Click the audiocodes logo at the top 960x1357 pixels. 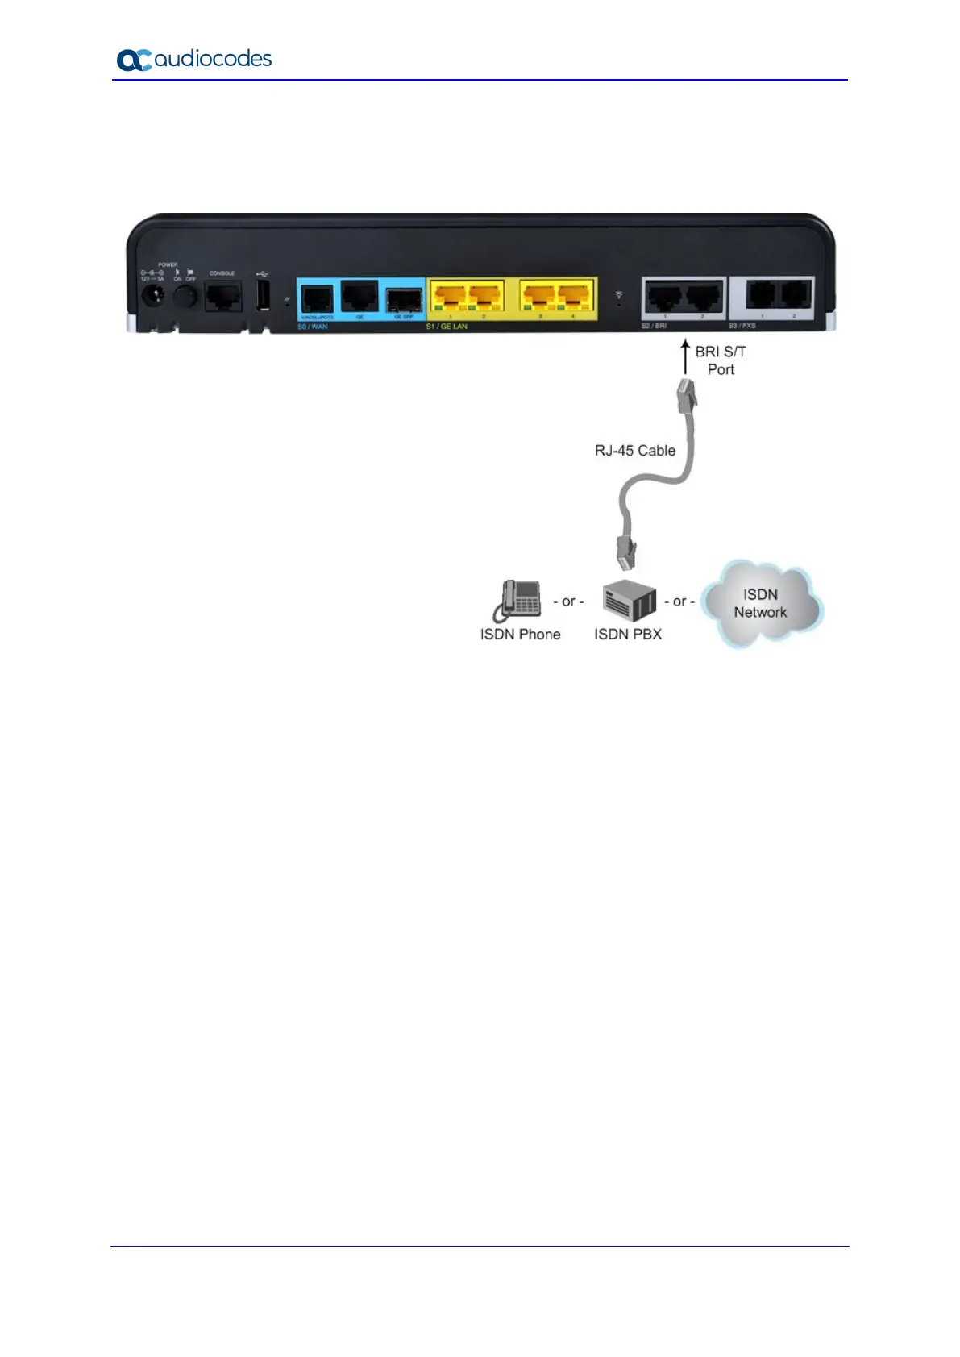coord(194,60)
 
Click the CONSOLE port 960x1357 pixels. coord(222,297)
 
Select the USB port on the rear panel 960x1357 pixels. coord(263,296)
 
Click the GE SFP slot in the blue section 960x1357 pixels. coord(403,298)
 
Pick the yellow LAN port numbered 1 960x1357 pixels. coord(451,298)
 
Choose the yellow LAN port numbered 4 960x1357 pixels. coord(574,298)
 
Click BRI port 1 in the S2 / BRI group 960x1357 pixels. coord(665,297)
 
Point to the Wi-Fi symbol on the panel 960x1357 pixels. coord(618,295)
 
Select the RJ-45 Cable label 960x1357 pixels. coord(635,451)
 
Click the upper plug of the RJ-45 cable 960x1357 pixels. coord(686,393)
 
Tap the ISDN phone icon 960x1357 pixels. coord(517,601)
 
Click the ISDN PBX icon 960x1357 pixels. coord(629,602)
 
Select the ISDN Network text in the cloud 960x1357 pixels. coord(760,603)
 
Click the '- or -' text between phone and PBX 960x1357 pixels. coord(568,601)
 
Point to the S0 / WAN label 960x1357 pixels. coord(313,327)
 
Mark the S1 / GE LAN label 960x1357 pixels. coord(447,327)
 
